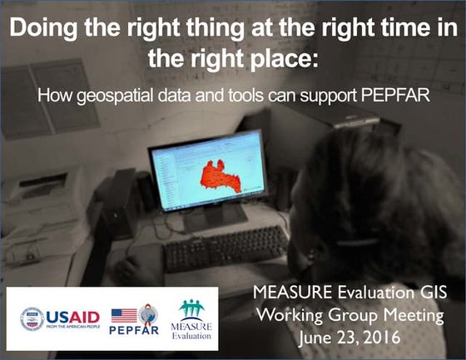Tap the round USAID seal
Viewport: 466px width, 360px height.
[32, 318]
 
